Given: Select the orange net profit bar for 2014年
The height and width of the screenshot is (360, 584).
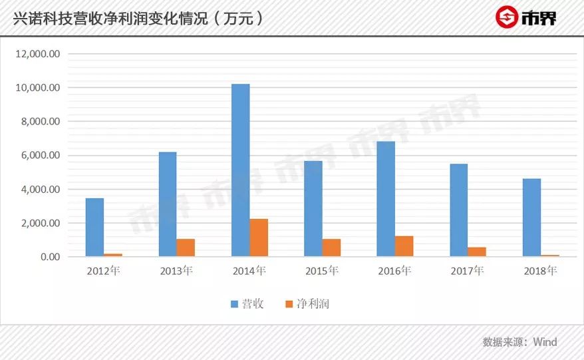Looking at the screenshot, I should tap(259, 238).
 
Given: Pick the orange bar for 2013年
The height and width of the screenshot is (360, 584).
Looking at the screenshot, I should tap(186, 248).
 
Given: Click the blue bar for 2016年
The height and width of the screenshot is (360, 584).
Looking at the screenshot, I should tap(386, 199).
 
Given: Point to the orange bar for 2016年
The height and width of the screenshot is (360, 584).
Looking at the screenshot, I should tap(404, 246).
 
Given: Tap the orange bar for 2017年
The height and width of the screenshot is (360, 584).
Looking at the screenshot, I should tap(477, 252).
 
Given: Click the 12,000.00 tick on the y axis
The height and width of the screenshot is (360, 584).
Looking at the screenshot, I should tap(38, 54).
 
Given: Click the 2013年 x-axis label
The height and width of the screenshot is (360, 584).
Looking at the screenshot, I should tap(176, 271).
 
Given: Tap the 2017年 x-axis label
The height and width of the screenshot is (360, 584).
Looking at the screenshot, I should tap(468, 271).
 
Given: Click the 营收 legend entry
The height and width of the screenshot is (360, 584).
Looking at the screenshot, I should tap(247, 304).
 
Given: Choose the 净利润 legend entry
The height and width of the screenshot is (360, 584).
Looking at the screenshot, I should tap(307, 304).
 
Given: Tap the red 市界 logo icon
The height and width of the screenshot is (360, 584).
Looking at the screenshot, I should tap(508, 18).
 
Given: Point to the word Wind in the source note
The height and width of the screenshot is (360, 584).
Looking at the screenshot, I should tap(545, 342).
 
